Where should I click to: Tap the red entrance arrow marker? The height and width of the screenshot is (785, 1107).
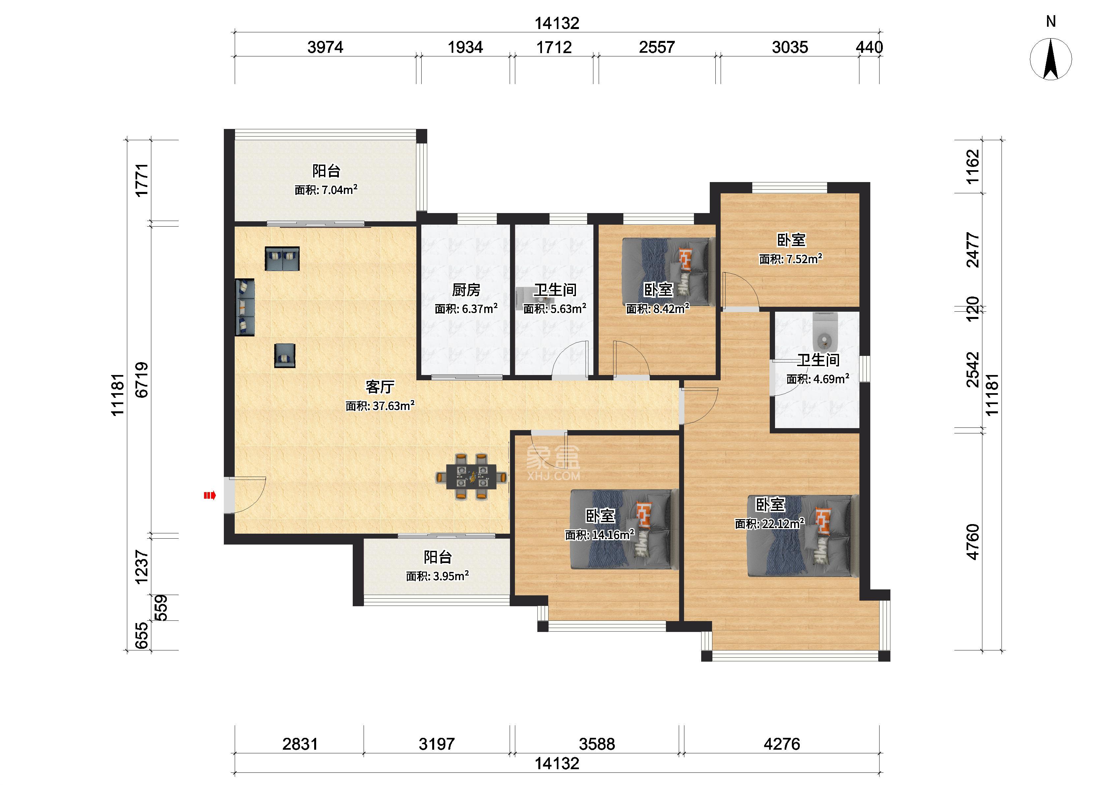pyautogui.click(x=210, y=495)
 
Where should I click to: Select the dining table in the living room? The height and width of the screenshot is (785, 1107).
pyautogui.click(x=471, y=476)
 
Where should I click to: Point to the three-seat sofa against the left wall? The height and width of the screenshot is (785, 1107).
pyautogui.click(x=245, y=307)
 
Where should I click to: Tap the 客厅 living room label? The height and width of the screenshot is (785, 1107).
pyautogui.click(x=380, y=387)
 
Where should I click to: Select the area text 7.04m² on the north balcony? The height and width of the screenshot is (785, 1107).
pyautogui.click(x=326, y=190)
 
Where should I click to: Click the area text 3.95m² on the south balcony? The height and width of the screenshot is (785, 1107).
pyautogui.click(x=437, y=576)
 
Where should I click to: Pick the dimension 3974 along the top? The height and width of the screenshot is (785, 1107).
pyautogui.click(x=325, y=47)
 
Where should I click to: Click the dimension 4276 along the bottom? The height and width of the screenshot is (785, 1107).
pyautogui.click(x=782, y=743)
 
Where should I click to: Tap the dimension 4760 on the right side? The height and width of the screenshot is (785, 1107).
pyautogui.click(x=973, y=542)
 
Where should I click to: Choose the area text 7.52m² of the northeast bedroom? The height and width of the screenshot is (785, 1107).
pyautogui.click(x=791, y=259)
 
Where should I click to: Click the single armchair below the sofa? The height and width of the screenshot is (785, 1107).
pyautogui.click(x=284, y=355)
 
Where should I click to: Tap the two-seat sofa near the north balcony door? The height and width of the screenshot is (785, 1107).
pyautogui.click(x=282, y=258)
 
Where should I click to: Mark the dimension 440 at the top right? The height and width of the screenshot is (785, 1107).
pyautogui.click(x=869, y=47)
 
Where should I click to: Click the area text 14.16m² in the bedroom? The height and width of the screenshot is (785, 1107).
pyautogui.click(x=599, y=535)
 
